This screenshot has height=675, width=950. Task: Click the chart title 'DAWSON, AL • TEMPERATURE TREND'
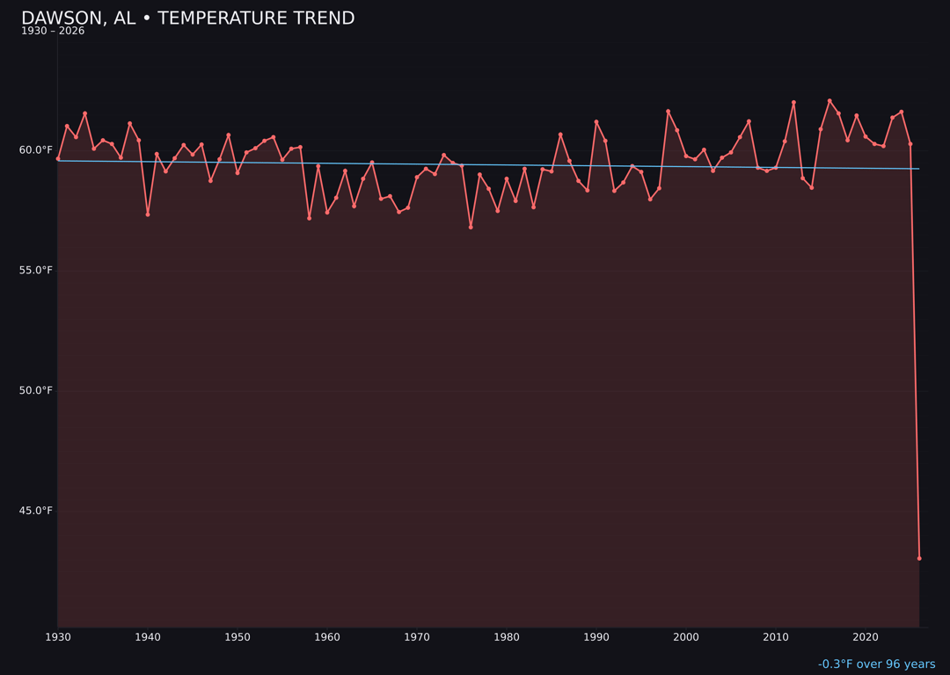click(x=187, y=18)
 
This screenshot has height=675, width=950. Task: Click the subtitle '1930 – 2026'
click(x=53, y=32)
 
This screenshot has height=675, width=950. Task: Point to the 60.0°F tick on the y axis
click(x=36, y=150)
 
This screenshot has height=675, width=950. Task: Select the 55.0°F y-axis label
click(x=36, y=271)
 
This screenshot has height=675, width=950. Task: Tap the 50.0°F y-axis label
click(x=36, y=391)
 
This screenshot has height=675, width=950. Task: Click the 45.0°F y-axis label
click(x=36, y=512)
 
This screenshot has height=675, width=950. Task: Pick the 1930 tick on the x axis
click(x=58, y=637)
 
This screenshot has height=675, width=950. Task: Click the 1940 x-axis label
click(x=148, y=637)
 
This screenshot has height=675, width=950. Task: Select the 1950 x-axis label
click(x=237, y=637)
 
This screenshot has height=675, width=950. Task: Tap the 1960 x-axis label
click(x=327, y=637)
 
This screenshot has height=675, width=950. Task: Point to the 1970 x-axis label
click(x=417, y=637)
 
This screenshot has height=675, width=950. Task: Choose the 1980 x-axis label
click(x=507, y=637)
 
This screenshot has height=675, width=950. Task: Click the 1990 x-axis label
click(x=596, y=637)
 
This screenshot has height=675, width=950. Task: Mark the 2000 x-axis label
click(x=686, y=637)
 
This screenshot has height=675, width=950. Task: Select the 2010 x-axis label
click(x=776, y=637)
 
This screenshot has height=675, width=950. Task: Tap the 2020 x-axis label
click(x=866, y=637)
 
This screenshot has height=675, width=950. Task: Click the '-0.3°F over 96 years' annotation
click(x=876, y=664)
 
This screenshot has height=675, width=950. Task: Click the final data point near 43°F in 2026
click(x=919, y=558)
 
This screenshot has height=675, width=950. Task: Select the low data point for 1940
click(x=148, y=214)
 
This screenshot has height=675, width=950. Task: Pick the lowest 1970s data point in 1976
click(x=471, y=228)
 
